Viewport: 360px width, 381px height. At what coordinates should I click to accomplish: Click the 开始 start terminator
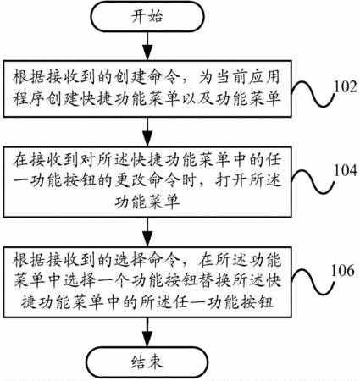(147, 16)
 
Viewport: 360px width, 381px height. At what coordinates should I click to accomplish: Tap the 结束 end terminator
(147, 362)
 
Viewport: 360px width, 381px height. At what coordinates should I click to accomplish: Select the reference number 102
(346, 86)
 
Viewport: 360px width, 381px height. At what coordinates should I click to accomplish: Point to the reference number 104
(346, 170)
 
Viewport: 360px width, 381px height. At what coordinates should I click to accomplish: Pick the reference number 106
(342, 271)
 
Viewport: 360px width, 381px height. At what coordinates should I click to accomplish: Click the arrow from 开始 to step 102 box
(147, 46)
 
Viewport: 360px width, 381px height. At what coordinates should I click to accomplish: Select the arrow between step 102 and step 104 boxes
(147, 132)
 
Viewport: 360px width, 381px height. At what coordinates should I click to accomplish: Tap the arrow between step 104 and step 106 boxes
(147, 232)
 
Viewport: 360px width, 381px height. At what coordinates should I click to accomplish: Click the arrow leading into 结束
(147, 332)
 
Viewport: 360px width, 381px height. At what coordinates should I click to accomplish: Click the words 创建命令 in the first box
(147, 77)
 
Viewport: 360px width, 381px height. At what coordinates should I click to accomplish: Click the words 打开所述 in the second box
(247, 180)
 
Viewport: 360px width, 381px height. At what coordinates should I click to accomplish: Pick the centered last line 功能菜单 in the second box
(147, 202)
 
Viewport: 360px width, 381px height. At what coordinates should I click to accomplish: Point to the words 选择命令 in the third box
(147, 261)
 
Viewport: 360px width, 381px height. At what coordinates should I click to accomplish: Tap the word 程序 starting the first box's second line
(29, 98)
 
